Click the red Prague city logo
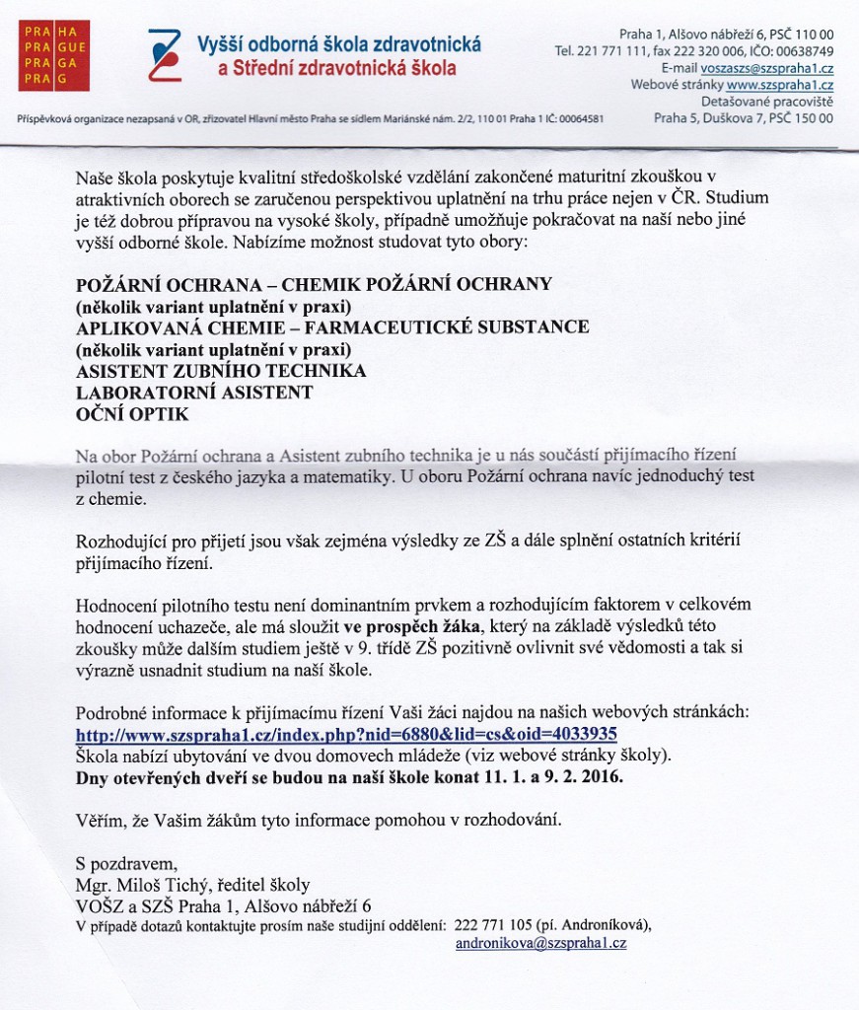click(x=53, y=55)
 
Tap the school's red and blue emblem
click(x=164, y=54)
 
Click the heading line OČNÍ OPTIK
click(x=132, y=415)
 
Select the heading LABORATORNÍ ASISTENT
click(x=194, y=393)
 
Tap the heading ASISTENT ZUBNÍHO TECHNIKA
click(x=221, y=371)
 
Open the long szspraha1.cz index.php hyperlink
click(x=347, y=734)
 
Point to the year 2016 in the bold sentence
click(x=602, y=776)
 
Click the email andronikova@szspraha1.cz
click(x=540, y=943)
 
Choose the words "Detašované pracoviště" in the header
click(x=767, y=102)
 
